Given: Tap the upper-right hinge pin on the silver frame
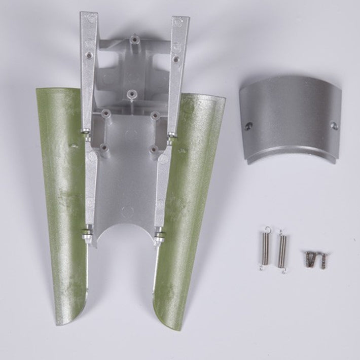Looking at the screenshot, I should point(172,136).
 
